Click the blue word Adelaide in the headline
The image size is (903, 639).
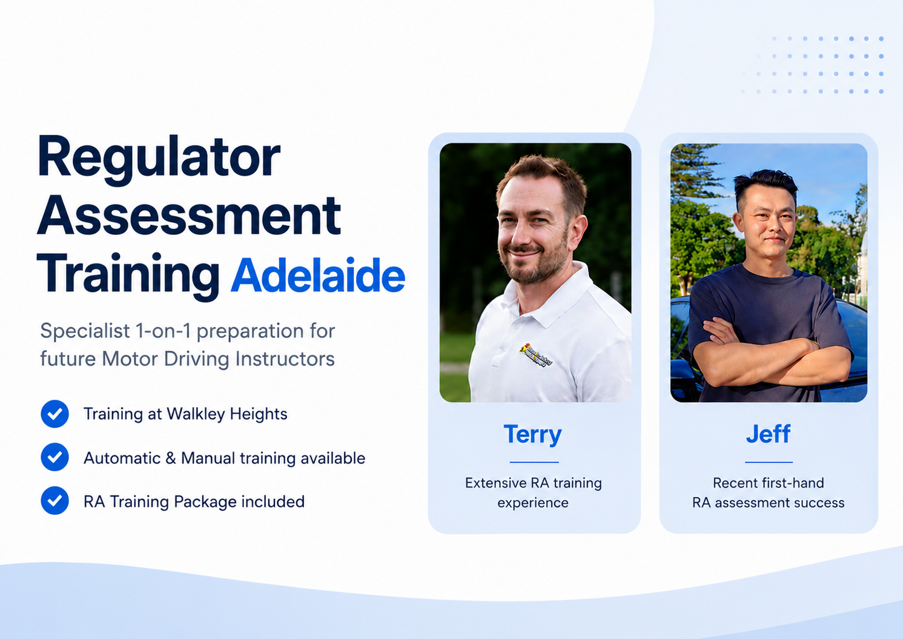(x=318, y=276)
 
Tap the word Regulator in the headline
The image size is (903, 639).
(x=159, y=159)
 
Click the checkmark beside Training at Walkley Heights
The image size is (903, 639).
(x=55, y=414)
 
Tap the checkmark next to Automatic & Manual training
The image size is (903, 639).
(x=55, y=457)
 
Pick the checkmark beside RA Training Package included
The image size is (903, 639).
(x=55, y=500)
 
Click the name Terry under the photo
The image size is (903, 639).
(x=532, y=435)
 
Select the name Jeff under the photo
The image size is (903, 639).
(x=768, y=434)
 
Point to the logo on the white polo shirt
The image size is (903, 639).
(x=535, y=355)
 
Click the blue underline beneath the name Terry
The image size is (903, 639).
(x=534, y=462)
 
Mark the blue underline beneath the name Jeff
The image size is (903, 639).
(x=769, y=462)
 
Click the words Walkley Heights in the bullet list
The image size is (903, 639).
(x=227, y=414)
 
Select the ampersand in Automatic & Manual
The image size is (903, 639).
(x=171, y=458)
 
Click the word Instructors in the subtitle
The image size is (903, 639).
(x=285, y=359)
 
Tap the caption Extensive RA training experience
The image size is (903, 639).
(x=534, y=492)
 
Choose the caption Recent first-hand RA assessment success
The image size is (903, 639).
(x=769, y=492)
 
